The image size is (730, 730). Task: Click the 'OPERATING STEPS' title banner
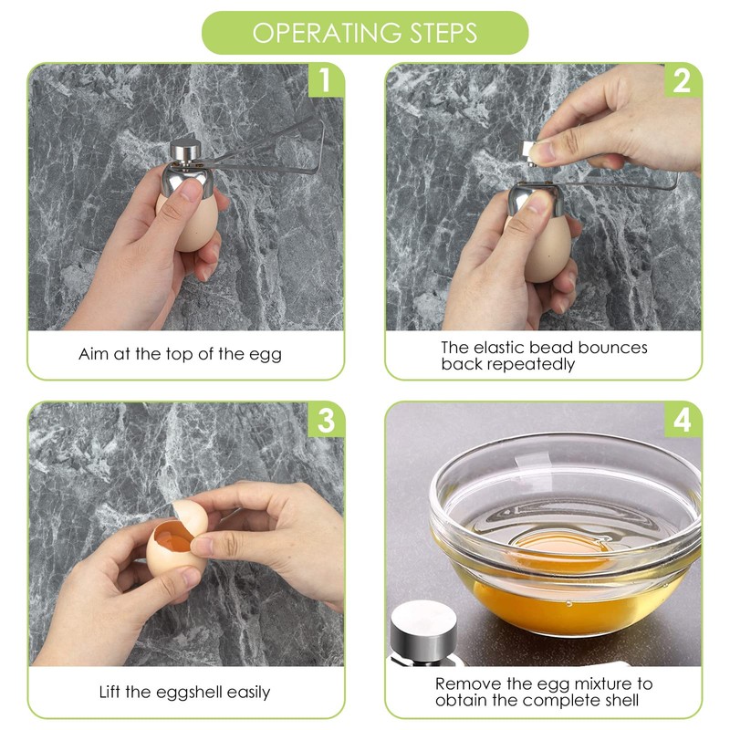click(x=365, y=33)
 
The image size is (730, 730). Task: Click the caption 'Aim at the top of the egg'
click(x=181, y=354)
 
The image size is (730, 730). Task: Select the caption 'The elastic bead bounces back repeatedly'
click(x=544, y=356)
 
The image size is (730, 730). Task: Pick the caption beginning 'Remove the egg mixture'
click(x=544, y=692)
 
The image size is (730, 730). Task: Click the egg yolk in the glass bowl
click(x=547, y=553)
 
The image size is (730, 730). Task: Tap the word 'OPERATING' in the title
click(x=318, y=33)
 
